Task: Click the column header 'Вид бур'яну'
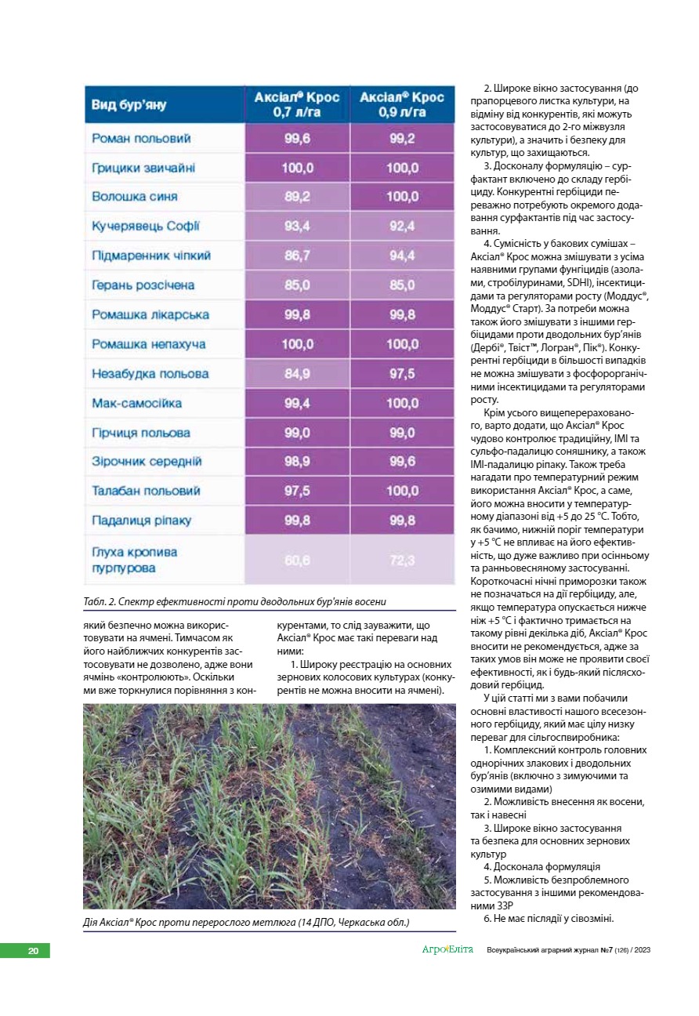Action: pos(129,105)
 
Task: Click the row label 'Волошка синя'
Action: pos(135,197)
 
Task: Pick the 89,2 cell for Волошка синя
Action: pos(297,197)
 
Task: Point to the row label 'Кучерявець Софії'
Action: pos(146,227)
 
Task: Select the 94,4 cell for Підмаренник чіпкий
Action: pos(402,256)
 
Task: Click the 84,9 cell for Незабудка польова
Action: pos(297,374)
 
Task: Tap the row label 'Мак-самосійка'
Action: pos(137,403)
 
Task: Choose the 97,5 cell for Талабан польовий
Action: pos(297,492)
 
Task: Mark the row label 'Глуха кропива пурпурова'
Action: pos(135,560)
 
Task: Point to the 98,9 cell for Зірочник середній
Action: pos(297,462)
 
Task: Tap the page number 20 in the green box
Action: pos(33,951)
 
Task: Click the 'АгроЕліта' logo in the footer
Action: pos(447,950)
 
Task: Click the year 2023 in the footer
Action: pos(640,951)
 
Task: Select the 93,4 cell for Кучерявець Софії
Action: pos(297,227)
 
